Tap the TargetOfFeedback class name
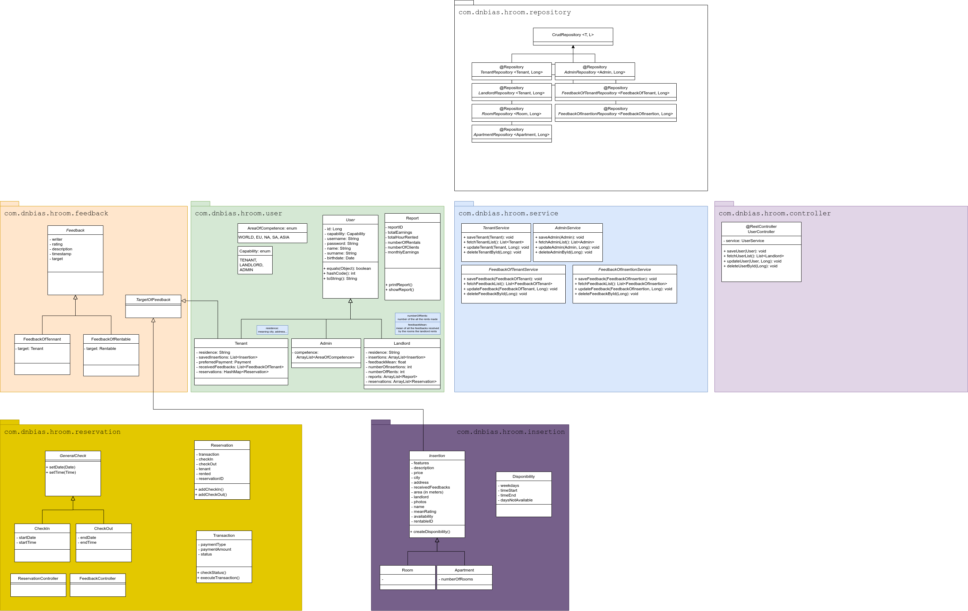(153, 300)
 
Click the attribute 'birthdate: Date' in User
(341, 258)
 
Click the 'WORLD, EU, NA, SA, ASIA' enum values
(264, 237)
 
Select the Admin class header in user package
(326, 343)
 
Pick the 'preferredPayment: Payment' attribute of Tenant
(225, 362)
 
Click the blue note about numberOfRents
(417, 318)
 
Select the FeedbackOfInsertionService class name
(624, 270)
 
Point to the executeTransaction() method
(220, 578)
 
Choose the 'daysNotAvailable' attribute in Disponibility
(516, 500)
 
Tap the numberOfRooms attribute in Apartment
(457, 579)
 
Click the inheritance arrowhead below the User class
(350, 301)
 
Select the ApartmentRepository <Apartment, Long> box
(511, 132)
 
